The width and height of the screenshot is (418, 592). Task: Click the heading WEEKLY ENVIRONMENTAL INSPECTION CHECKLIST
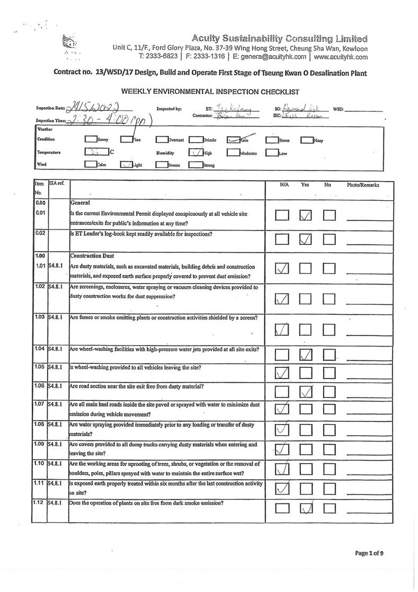pyautogui.click(x=210, y=92)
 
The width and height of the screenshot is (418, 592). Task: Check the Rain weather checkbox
pyautogui.click(x=236, y=140)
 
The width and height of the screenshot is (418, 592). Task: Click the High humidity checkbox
pyautogui.click(x=195, y=153)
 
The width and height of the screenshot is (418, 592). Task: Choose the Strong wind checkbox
pyautogui.click(x=195, y=165)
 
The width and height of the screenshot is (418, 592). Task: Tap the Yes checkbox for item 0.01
pyautogui.click(x=307, y=215)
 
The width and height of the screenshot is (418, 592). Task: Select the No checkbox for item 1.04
pyautogui.click(x=330, y=354)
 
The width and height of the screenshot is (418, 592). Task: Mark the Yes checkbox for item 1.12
pyautogui.click(x=307, y=509)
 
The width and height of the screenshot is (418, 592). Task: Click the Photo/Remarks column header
pyautogui.click(x=363, y=185)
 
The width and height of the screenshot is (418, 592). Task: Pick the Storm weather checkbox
pyautogui.click(x=272, y=140)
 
